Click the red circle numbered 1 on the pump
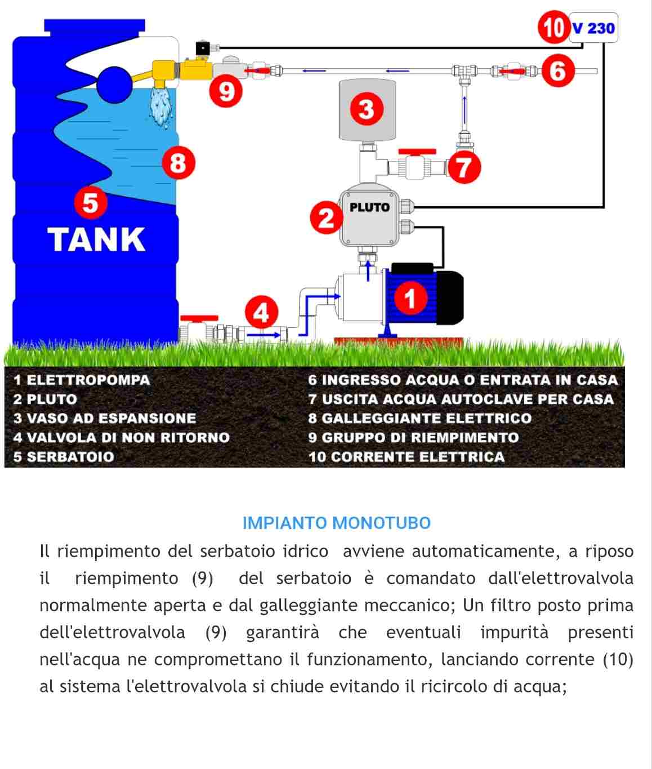pyautogui.click(x=410, y=297)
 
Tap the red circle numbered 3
pyautogui.click(x=366, y=109)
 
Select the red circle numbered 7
pyautogui.click(x=464, y=167)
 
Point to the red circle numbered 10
pyautogui.click(x=553, y=27)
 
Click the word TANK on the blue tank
pyautogui.click(x=96, y=239)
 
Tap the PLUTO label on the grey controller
pyautogui.click(x=369, y=207)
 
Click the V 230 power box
pyautogui.click(x=593, y=28)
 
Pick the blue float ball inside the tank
pyautogui.click(x=114, y=85)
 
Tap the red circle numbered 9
pyautogui.click(x=226, y=90)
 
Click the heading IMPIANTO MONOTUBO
pyautogui.click(x=336, y=523)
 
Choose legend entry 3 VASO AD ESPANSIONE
pyautogui.click(x=105, y=418)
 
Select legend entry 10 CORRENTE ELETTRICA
pyautogui.click(x=406, y=456)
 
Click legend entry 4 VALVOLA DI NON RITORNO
pyautogui.click(x=122, y=437)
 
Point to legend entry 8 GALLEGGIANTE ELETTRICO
pyautogui.click(x=419, y=418)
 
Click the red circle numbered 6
pyautogui.click(x=557, y=71)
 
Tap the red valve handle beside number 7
pyautogui.click(x=417, y=152)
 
